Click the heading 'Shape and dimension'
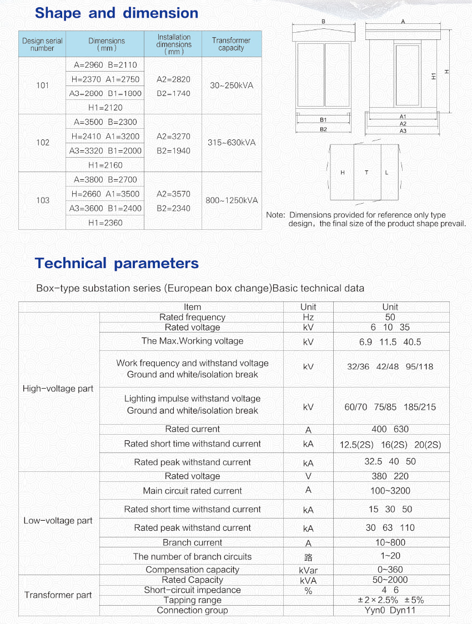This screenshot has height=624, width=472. pos(116,13)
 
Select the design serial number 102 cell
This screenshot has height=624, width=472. pos(43,143)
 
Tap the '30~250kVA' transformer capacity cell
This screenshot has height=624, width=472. pos(232,85)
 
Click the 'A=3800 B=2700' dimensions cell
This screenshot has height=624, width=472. pos(105,180)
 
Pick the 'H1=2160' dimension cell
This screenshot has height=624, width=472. pos(105,165)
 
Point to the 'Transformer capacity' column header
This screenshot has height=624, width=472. pos(232,44)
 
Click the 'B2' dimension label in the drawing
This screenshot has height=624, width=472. pos(323,129)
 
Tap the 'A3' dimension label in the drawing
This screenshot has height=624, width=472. pos(403,131)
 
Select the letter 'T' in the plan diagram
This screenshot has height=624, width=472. pos(366,173)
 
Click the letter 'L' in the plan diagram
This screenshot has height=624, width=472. pos(387,173)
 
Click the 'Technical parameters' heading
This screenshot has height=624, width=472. pos(117,263)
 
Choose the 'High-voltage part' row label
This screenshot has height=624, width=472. pos(58,389)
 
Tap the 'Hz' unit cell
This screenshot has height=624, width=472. pos(308,318)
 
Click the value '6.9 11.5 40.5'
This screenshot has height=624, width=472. pos(390,342)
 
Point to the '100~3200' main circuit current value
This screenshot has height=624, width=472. pos(390,491)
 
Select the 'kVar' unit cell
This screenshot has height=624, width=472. pos(308,570)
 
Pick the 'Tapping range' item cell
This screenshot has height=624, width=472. pos(192,600)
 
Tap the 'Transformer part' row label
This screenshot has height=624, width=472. pos(58,595)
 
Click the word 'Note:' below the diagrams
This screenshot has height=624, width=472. pos(276,215)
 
